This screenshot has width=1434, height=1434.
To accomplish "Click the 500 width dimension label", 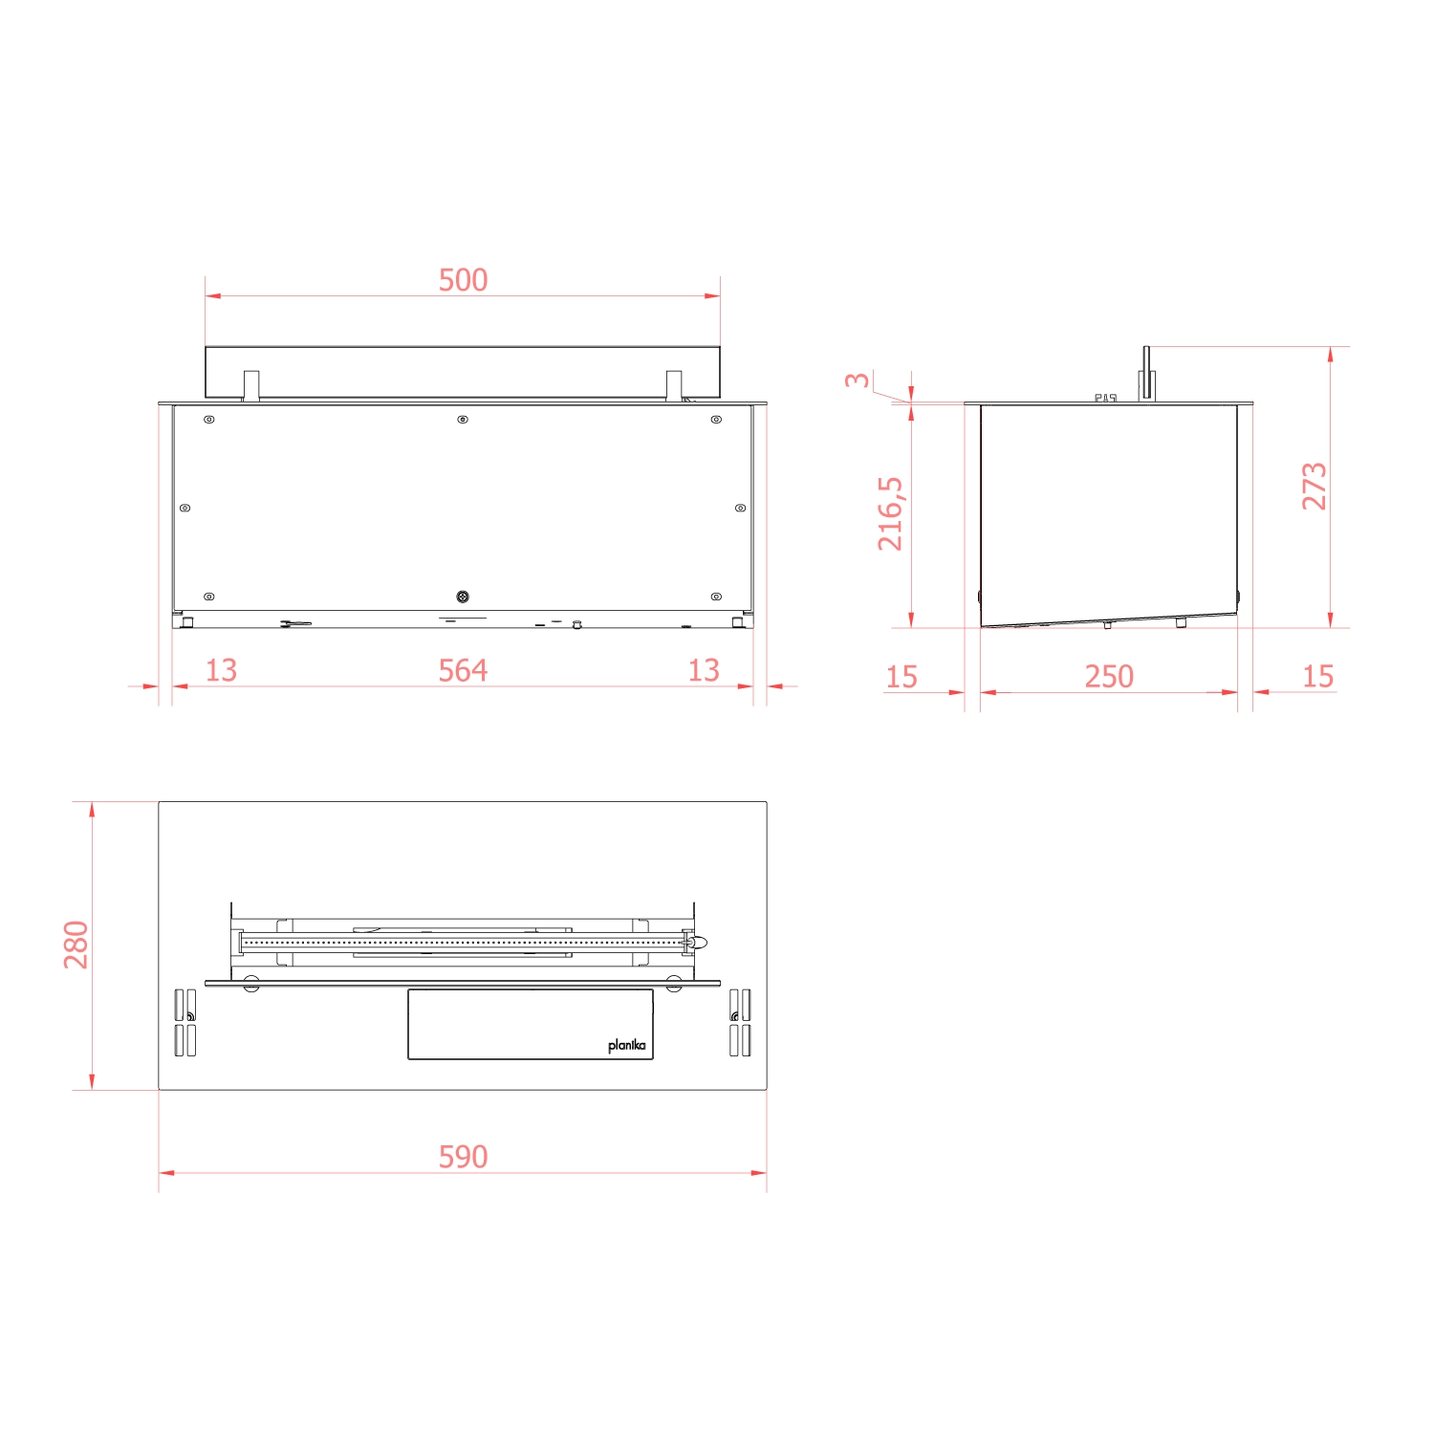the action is point(463,280).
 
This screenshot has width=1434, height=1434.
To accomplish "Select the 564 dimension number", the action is point(463,670).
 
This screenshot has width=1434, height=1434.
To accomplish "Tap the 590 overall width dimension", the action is point(463,1157).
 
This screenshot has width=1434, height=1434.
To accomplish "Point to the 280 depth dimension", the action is point(76,945).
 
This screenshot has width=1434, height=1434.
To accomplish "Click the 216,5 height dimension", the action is point(890,513).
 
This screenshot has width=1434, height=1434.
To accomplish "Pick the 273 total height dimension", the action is point(1314,486).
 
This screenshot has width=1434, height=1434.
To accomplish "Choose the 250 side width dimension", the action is point(1109,677).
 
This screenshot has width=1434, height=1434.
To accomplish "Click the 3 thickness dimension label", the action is point(858,380).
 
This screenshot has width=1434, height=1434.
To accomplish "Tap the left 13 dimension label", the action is point(221,670).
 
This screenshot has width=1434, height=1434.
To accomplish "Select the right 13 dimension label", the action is point(704,670).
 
